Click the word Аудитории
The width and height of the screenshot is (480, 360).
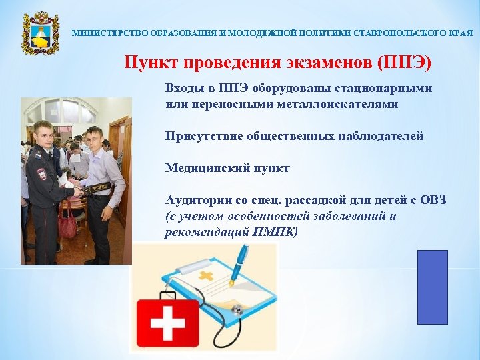coord(197,200)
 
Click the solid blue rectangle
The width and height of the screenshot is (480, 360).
coord(432,287)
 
